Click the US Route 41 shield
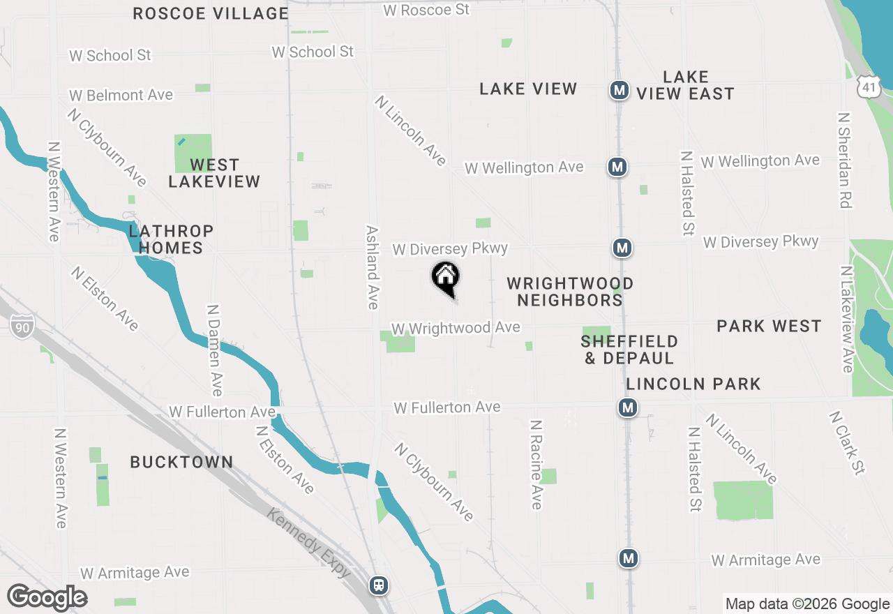pyautogui.click(x=866, y=87)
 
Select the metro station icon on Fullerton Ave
pyautogui.click(x=628, y=407)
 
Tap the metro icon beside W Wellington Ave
pyautogui.click(x=617, y=167)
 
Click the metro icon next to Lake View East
pyautogui.click(x=618, y=90)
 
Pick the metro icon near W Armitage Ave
pyautogui.click(x=629, y=558)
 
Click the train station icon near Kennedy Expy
pyautogui.click(x=380, y=585)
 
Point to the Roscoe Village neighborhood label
pyautogui.click(x=211, y=13)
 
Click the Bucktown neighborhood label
pyautogui.click(x=181, y=462)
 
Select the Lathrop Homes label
pyautogui.click(x=170, y=239)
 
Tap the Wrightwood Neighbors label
pyautogui.click(x=569, y=292)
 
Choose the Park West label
pyautogui.click(x=769, y=326)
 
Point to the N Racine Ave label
pyautogui.click(x=536, y=465)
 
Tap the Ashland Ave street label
pyautogui.click(x=373, y=267)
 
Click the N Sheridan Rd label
pyautogui.click(x=845, y=160)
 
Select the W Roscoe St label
pyautogui.click(x=426, y=10)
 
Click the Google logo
pyautogui.click(x=47, y=598)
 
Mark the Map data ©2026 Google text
pyautogui.click(x=807, y=604)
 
